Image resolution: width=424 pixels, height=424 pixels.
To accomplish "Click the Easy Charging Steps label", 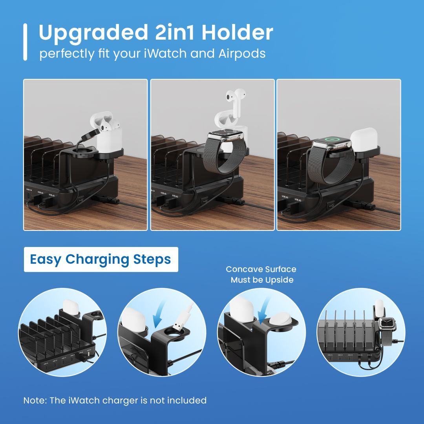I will tap(101, 260).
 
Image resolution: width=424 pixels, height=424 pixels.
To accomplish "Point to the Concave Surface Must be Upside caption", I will tap(261, 274).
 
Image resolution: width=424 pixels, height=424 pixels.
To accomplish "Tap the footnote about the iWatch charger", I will tap(115, 400).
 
